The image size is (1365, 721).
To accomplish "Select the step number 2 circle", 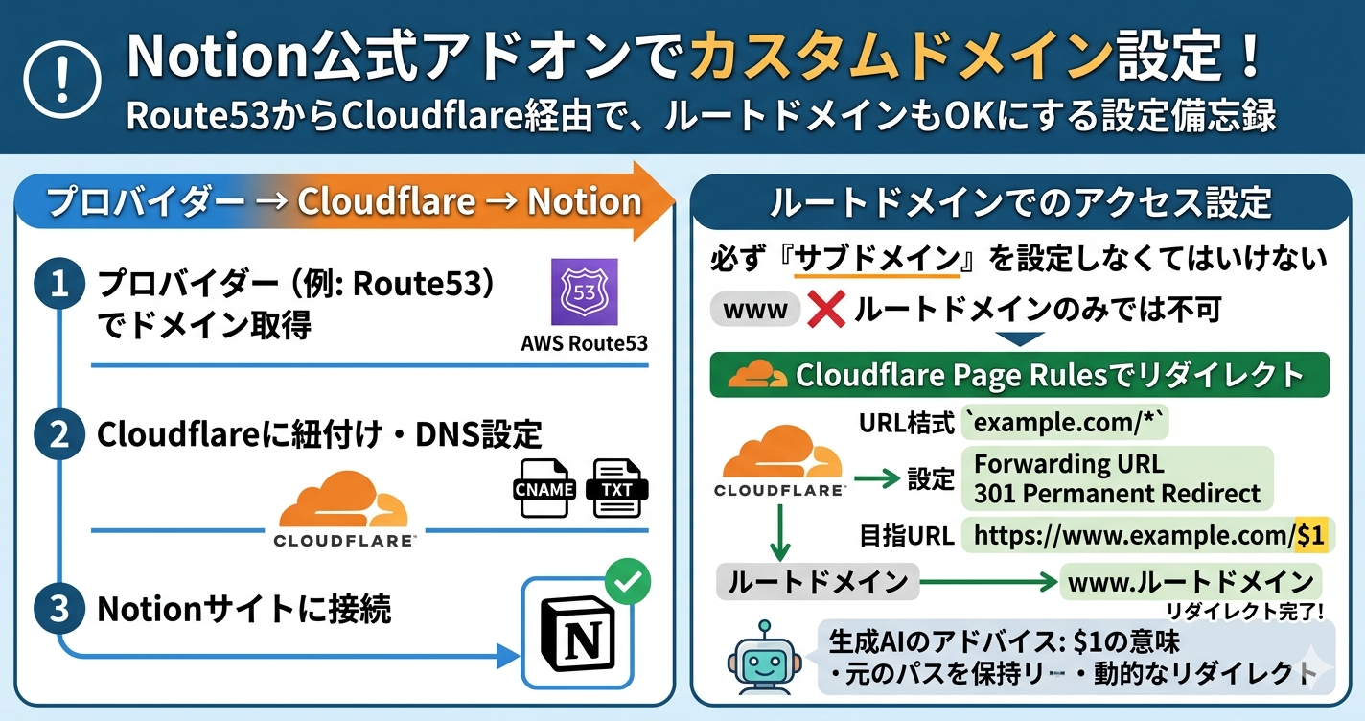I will [x=58, y=434].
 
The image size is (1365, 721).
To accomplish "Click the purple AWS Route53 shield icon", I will [x=585, y=291].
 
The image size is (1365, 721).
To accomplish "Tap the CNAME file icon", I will [x=544, y=489].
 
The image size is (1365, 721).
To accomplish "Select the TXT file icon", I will [x=616, y=489].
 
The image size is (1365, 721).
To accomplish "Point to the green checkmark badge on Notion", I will [x=628, y=580].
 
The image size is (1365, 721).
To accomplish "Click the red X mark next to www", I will [x=824, y=310].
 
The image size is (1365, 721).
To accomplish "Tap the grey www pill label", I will [x=755, y=310].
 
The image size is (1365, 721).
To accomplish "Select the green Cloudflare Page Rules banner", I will [x=1019, y=375].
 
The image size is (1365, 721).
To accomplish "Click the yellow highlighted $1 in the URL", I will [x=1309, y=536].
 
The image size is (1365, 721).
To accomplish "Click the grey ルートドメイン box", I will [x=818, y=581].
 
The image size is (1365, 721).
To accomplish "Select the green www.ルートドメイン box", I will [x=1191, y=581].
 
